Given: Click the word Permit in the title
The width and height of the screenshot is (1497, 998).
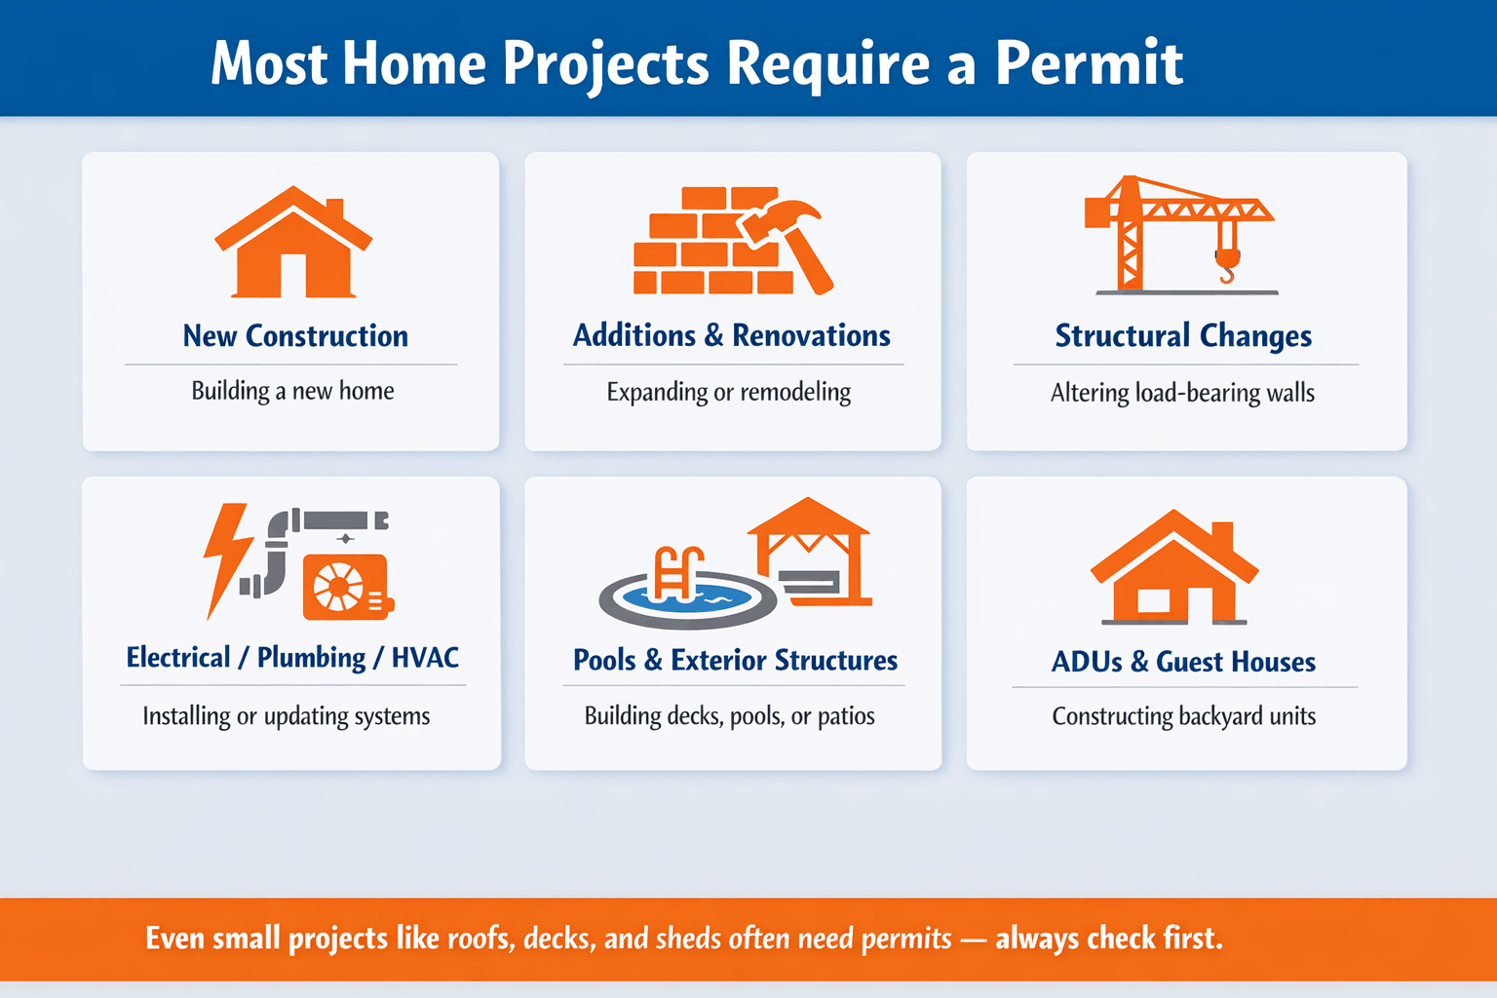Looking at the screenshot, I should pyautogui.click(x=1089, y=64).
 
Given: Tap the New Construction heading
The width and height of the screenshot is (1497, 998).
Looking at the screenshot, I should pyautogui.click(x=295, y=336).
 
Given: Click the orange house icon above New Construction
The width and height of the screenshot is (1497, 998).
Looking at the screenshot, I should pyautogui.click(x=293, y=244).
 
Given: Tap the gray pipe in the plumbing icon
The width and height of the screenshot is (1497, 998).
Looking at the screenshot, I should pyautogui.click(x=276, y=556).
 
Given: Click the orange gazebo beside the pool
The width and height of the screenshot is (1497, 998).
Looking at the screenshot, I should pyautogui.click(x=809, y=551).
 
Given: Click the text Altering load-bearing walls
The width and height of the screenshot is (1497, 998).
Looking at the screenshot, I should pyautogui.click(x=1182, y=393).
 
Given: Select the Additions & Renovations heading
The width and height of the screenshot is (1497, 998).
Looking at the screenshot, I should pyautogui.click(x=731, y=336).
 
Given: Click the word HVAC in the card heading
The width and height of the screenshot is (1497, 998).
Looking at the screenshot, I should pyautogui.click(x=425, y=658).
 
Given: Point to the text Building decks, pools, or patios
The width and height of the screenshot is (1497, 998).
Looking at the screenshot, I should pyautogui.click(x=729, y=716).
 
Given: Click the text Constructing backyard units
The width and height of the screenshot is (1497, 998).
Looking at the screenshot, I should pyautogui.click(x=1183, y=716).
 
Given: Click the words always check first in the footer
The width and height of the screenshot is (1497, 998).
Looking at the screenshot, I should pyautogui.click(x=1108, y=939).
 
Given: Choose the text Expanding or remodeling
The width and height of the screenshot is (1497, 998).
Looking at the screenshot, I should pyautogui.click(x=728, y=392).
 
